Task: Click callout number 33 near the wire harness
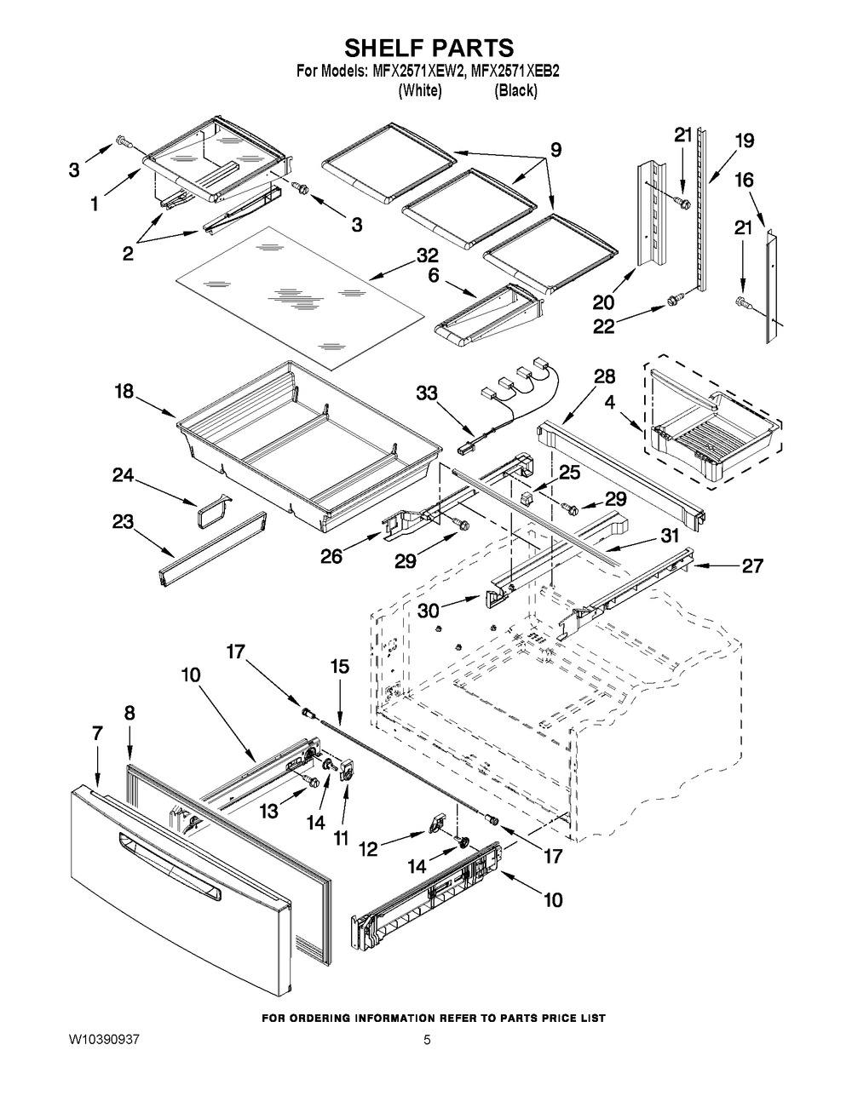tap(428, 393)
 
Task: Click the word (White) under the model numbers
tap(420, 90)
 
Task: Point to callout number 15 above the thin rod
tap(339, 668)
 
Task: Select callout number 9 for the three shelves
tap(555, 151)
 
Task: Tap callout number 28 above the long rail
tap(604, 376)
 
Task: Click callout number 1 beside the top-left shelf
tap(95, 204)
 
